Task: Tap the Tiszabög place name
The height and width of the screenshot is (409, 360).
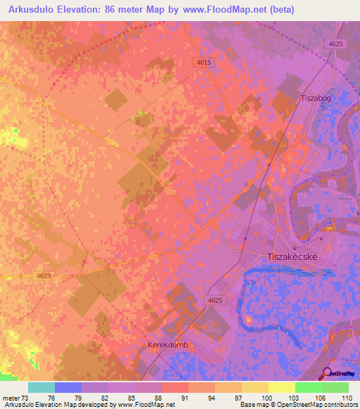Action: click(315, 98)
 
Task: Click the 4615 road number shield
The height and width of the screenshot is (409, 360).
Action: click(203, 63)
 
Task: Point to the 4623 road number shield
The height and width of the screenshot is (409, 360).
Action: click(44, 276)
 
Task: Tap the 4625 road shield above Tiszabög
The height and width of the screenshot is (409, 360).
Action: click(336, 44)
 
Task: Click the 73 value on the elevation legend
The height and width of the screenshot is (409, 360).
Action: click(28, 397)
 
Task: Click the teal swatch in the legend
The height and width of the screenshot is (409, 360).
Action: click(41, 387)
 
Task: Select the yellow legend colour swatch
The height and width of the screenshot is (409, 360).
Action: click(255, 387)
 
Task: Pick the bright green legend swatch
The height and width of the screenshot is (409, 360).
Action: click(308, 387)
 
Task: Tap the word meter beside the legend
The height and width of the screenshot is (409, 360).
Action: click(11, 397)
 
